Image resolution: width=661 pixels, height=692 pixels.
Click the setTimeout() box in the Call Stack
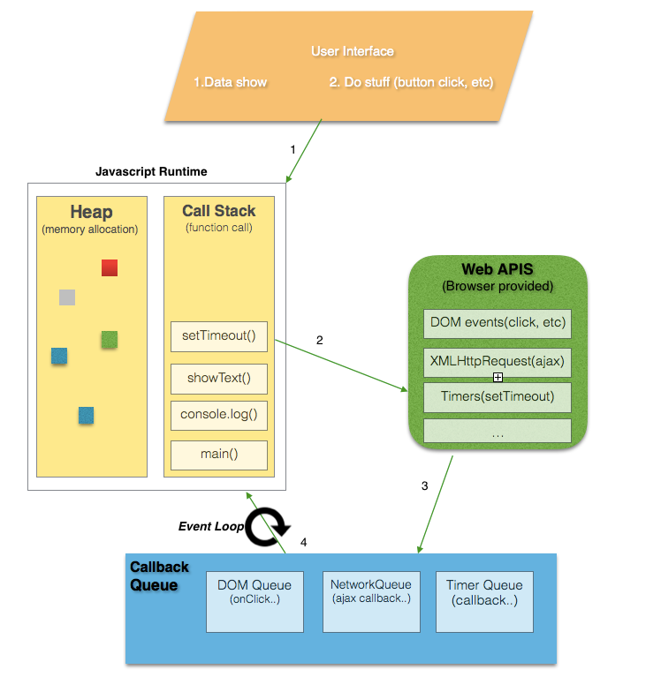pos(218,336)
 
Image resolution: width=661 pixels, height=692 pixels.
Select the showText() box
pos(218,379)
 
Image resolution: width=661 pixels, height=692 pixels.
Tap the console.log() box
pos(218,414)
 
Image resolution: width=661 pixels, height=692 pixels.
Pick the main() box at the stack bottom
pos(218,455)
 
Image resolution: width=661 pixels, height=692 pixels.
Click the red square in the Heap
pos(110,267)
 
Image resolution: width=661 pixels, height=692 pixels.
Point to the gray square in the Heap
pos(67,297)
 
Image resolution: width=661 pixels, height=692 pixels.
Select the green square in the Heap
pos(110,339)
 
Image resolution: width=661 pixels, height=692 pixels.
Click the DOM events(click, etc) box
pos(498,322)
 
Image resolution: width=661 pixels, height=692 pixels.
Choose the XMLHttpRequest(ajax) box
pos(498,361)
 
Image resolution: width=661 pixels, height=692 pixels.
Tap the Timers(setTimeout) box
pos(498,396)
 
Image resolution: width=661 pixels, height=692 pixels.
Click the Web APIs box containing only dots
pos(498,432)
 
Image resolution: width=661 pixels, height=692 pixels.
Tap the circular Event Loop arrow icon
pos(266,527)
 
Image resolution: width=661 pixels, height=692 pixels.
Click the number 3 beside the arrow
pos(424,486)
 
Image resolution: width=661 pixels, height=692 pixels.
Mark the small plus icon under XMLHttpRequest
pos(498,378)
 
